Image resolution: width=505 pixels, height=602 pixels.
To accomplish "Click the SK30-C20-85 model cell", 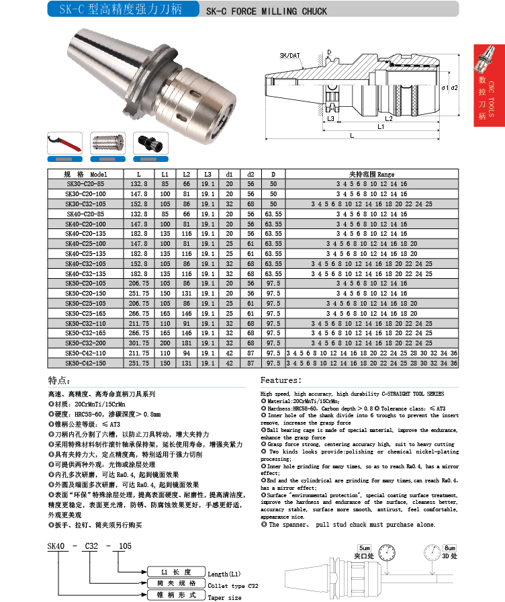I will (x=85, y=183).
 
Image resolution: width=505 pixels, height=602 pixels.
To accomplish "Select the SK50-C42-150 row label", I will (x=86, y=363).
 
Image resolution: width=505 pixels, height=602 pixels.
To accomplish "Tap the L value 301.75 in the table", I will (x=138, y=343).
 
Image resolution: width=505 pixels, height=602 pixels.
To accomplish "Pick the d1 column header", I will (x=229, y=174).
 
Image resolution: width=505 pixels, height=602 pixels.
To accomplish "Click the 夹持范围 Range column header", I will (x=371, y=174).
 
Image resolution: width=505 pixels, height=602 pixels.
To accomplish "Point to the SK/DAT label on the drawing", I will (x=289, y=54).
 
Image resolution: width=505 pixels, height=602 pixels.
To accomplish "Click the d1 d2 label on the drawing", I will (x=450, y=88).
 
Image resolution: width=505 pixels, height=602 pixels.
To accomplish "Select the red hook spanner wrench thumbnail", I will (x=65, y=143).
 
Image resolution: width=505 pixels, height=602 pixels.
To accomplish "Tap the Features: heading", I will (x=280, y=380).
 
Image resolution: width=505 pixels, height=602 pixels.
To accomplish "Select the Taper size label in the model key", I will (x=225, y=597).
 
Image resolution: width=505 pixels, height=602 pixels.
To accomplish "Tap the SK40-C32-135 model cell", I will (x=86, y=273).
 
